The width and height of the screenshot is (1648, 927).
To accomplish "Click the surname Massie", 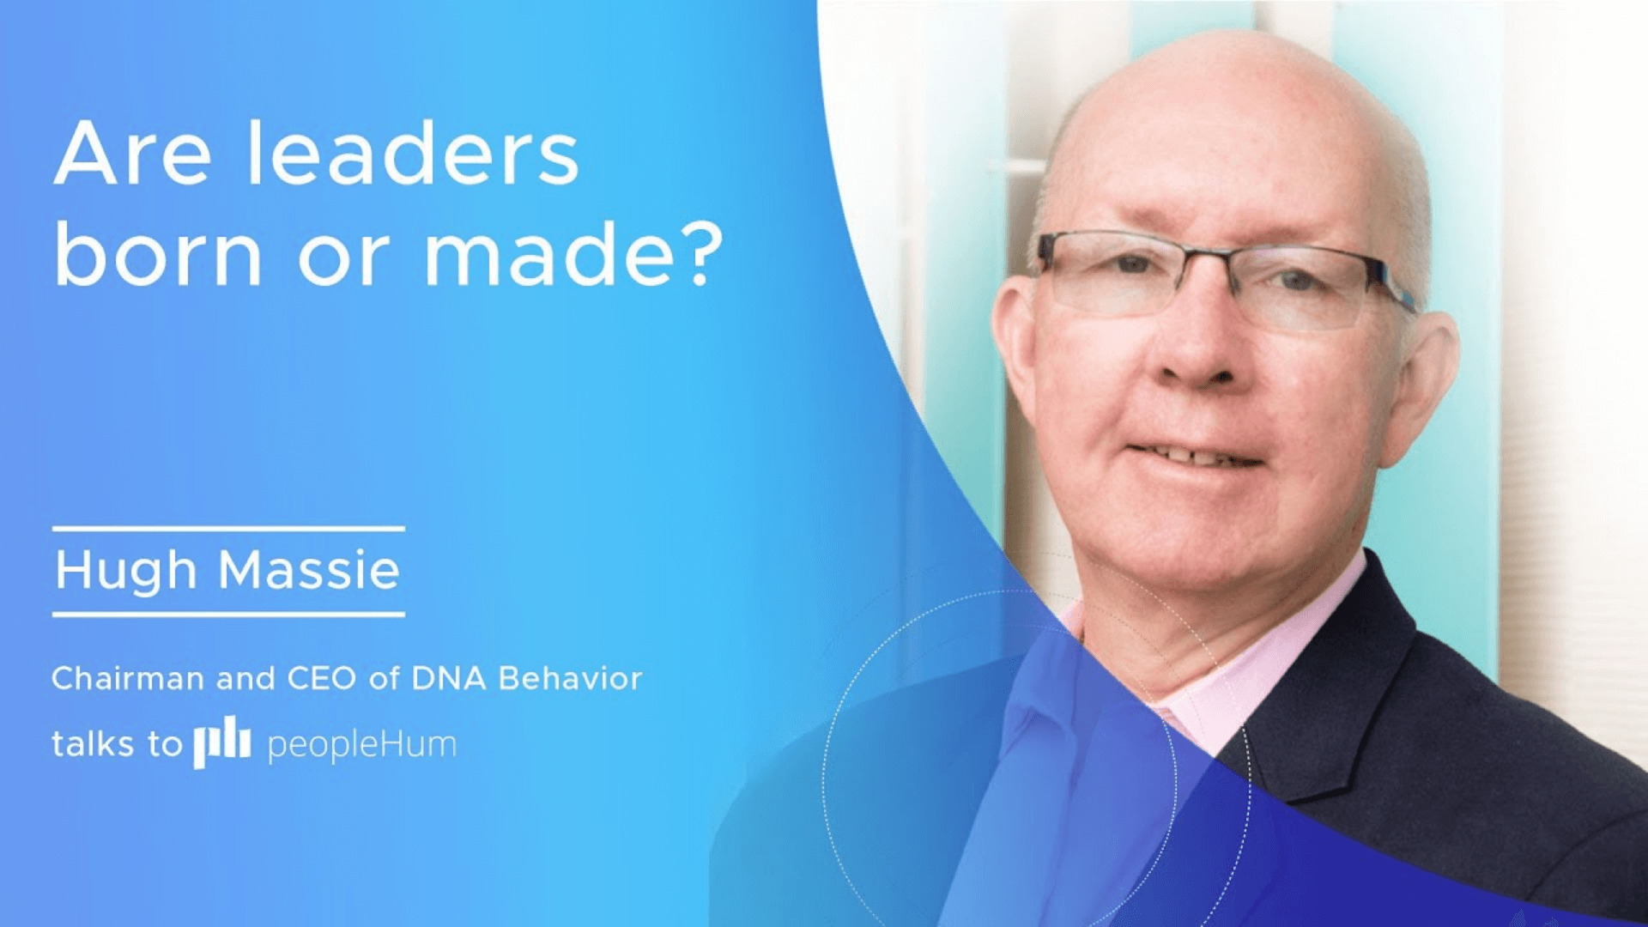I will tap(309, 570).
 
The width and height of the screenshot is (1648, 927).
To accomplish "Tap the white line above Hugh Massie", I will tap(228, 529).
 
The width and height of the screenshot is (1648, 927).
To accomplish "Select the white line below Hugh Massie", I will tap(228, 614).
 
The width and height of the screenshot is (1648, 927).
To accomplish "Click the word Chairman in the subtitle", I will tap(128, 679).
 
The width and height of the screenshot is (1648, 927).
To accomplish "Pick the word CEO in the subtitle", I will tap(321, 679).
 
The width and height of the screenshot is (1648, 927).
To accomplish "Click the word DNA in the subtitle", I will tap(450, 679).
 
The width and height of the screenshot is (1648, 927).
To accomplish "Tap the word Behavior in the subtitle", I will tap(570, 679).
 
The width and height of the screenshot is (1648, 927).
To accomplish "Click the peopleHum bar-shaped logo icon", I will tap(221, 742).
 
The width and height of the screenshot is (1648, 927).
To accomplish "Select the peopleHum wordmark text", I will tap(361, 744).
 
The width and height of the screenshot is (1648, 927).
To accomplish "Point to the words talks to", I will tap(117, 743).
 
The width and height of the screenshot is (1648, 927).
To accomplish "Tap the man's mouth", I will tap(1193, 455).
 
